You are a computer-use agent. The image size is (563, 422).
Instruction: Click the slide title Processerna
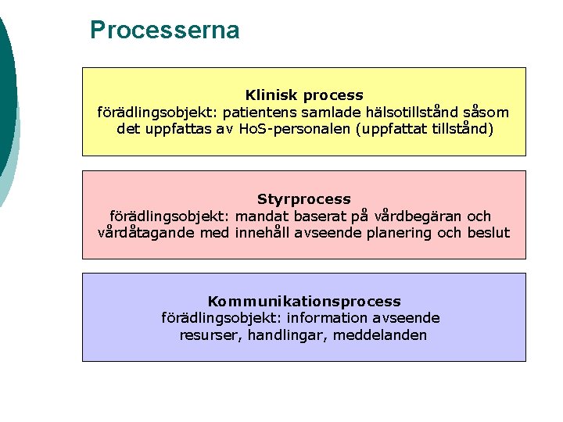[164, 30]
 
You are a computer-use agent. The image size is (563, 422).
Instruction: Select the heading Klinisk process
[304, 95]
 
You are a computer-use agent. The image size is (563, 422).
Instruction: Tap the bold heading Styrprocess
[304, 199]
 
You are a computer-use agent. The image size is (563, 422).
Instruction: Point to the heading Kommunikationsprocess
[304, 301]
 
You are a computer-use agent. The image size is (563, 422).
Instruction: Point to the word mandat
[264, 216]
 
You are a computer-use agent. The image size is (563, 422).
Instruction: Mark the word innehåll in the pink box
[263, 233]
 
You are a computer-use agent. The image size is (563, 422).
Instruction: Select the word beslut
[488, 233]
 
